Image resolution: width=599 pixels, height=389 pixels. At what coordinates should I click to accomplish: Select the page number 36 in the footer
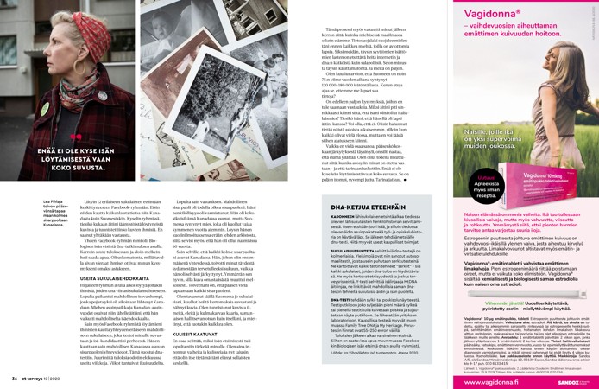(x=15, y=378)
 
